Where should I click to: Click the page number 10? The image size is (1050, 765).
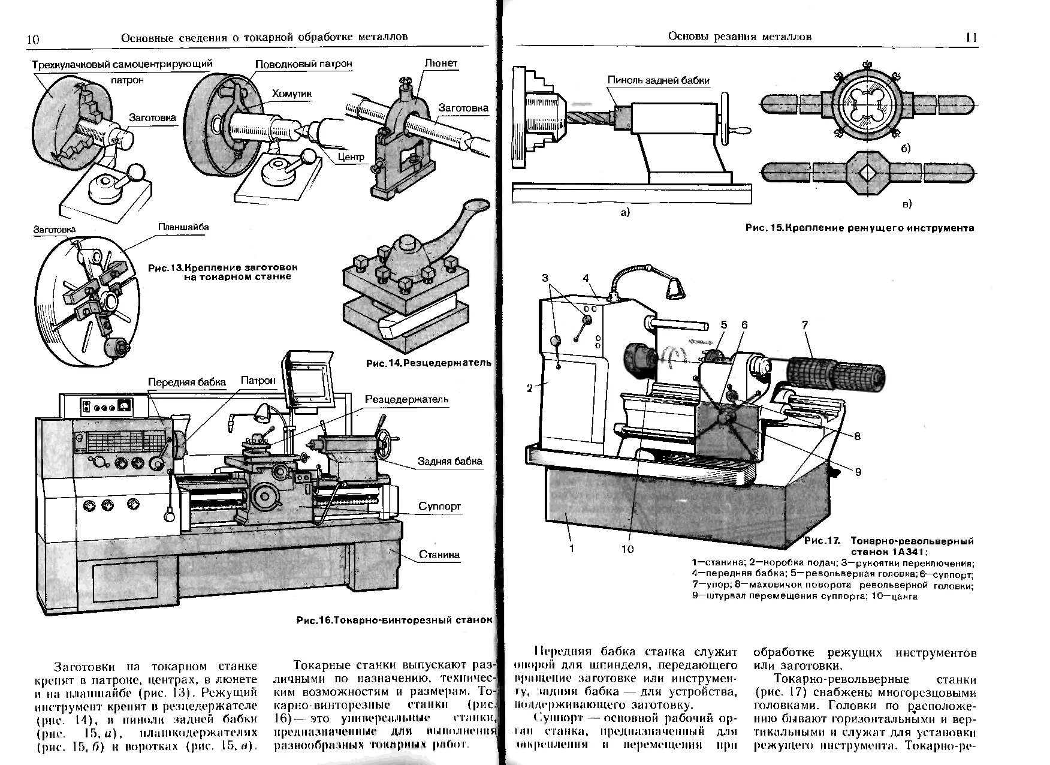coord(33,40)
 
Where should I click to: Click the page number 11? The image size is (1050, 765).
coord(971,37)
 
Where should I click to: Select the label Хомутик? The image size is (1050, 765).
coord(292,94)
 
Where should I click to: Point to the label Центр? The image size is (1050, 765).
coord(351,157)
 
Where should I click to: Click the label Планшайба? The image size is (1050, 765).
coord(183,227)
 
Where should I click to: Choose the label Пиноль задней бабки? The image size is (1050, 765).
coord(658,80)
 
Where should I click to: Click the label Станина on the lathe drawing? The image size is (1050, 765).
coord(439,555)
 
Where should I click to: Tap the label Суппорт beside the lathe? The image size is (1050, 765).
coord(439,507)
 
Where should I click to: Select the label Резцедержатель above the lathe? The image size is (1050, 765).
coord(406,399)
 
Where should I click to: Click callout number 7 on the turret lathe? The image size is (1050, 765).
coord(805,325)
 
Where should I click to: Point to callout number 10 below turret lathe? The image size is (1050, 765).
coord(627,549)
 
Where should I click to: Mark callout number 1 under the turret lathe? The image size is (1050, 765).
coord(571,548)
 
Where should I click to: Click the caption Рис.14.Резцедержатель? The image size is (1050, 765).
coord(428,363)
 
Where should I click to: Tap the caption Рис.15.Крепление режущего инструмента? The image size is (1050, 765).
coord(859,228)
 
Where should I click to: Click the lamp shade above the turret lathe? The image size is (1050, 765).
coord(674,290)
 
